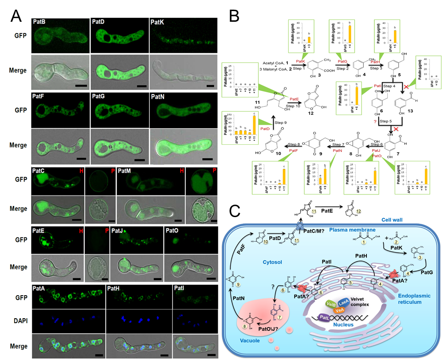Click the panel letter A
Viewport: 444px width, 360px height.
[x=16, y=18]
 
